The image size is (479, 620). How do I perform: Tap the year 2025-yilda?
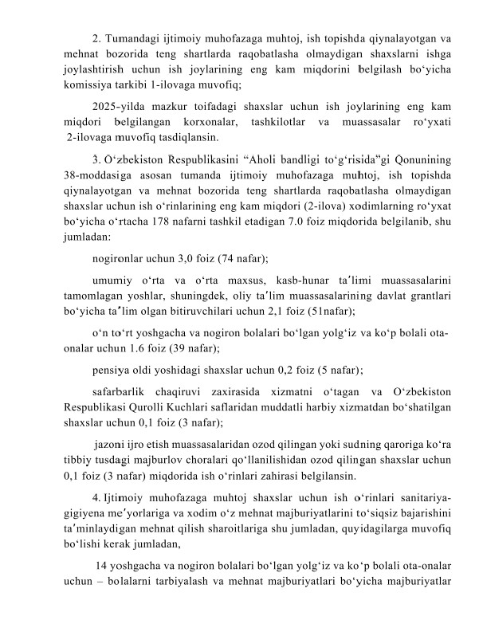tap(118, 105)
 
